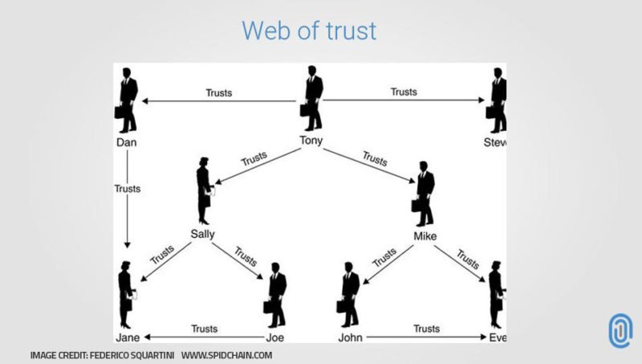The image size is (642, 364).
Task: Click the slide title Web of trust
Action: pos(309,31)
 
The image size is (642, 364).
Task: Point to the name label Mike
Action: pos(425,236)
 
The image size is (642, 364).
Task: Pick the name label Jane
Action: pos(127,337)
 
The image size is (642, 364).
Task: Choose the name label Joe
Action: pos(274,337)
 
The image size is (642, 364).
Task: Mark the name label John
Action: pos(351,337)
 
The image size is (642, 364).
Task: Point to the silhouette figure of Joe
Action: pos(276,294)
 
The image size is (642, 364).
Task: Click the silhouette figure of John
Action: pos(350,294)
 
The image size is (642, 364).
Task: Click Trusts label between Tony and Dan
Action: pos(218,92)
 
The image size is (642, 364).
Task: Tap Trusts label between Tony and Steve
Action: pos(404,92)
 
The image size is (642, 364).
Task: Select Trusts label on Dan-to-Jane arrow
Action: pos(128,189)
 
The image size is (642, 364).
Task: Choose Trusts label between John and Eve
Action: pos(426,329)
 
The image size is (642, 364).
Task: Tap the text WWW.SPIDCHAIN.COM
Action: pos(227,354)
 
